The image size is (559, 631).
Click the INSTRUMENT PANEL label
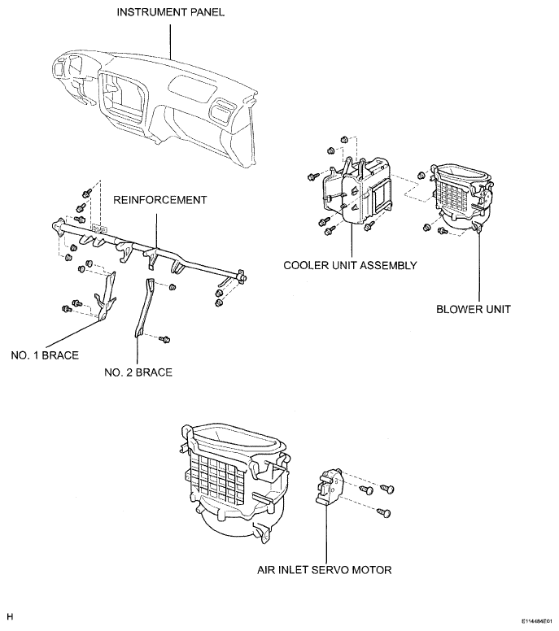point(170,12)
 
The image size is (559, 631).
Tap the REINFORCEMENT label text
point(159,200)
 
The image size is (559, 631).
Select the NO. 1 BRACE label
point(45,355)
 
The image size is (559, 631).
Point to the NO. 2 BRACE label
point(138,372)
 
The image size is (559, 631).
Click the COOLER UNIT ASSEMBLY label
point(350,266)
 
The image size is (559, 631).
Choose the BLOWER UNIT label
point(474,310)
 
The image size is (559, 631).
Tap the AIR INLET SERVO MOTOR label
point(324,570)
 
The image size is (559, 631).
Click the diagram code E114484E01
point(537,621)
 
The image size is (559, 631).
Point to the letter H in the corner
point(10,616)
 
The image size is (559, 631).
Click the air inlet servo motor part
point(328,486)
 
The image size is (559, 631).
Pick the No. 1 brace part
point(106,297)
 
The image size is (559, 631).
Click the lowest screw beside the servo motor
point(384,513)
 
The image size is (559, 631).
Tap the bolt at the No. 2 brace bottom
point(164,340)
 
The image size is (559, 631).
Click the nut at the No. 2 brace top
point(172,287)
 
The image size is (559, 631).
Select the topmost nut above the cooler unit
point(344,140)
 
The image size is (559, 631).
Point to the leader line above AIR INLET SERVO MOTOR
point(325,532)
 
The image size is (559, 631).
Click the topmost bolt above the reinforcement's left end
point(85,194)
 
